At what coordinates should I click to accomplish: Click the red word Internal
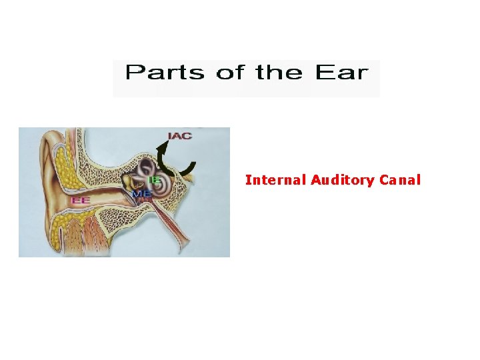[x=275, y=180]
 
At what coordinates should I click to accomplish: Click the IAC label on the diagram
[x=179, y=136]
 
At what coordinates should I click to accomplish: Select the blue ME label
[x=141, y=193]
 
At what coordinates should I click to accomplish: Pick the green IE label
[x=155, y=181]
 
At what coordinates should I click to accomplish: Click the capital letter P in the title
[x=133, y=72]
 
